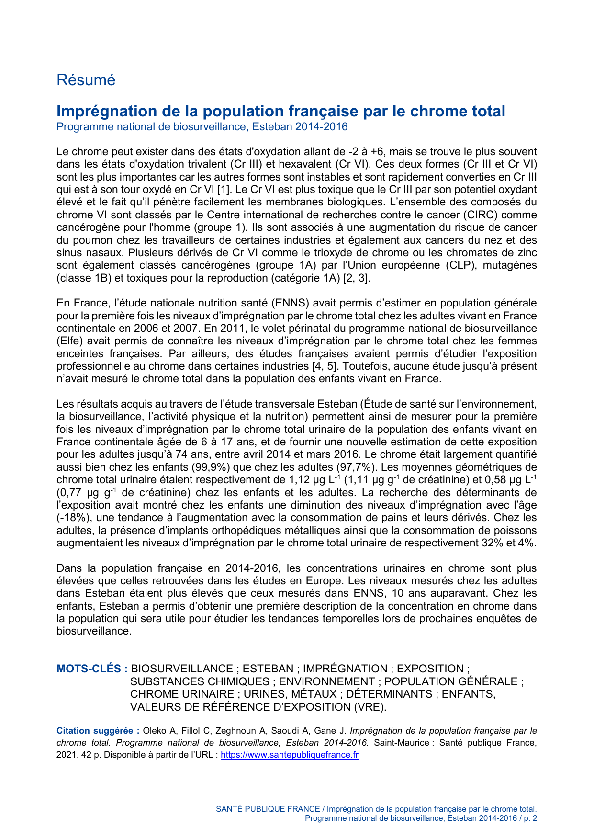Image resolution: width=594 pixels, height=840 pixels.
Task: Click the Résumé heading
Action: click(86, 80)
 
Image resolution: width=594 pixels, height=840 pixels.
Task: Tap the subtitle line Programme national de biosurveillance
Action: click(202, 127)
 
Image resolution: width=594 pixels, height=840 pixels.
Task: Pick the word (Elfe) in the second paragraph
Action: click(70, 341)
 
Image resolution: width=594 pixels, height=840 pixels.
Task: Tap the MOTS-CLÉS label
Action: click(91, 669)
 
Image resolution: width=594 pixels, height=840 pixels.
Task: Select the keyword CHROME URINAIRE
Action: click(182, 694)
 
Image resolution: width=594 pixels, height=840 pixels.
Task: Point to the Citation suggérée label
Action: click(98, 731)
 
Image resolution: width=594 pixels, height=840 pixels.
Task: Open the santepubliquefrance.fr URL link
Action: click(289, 755)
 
